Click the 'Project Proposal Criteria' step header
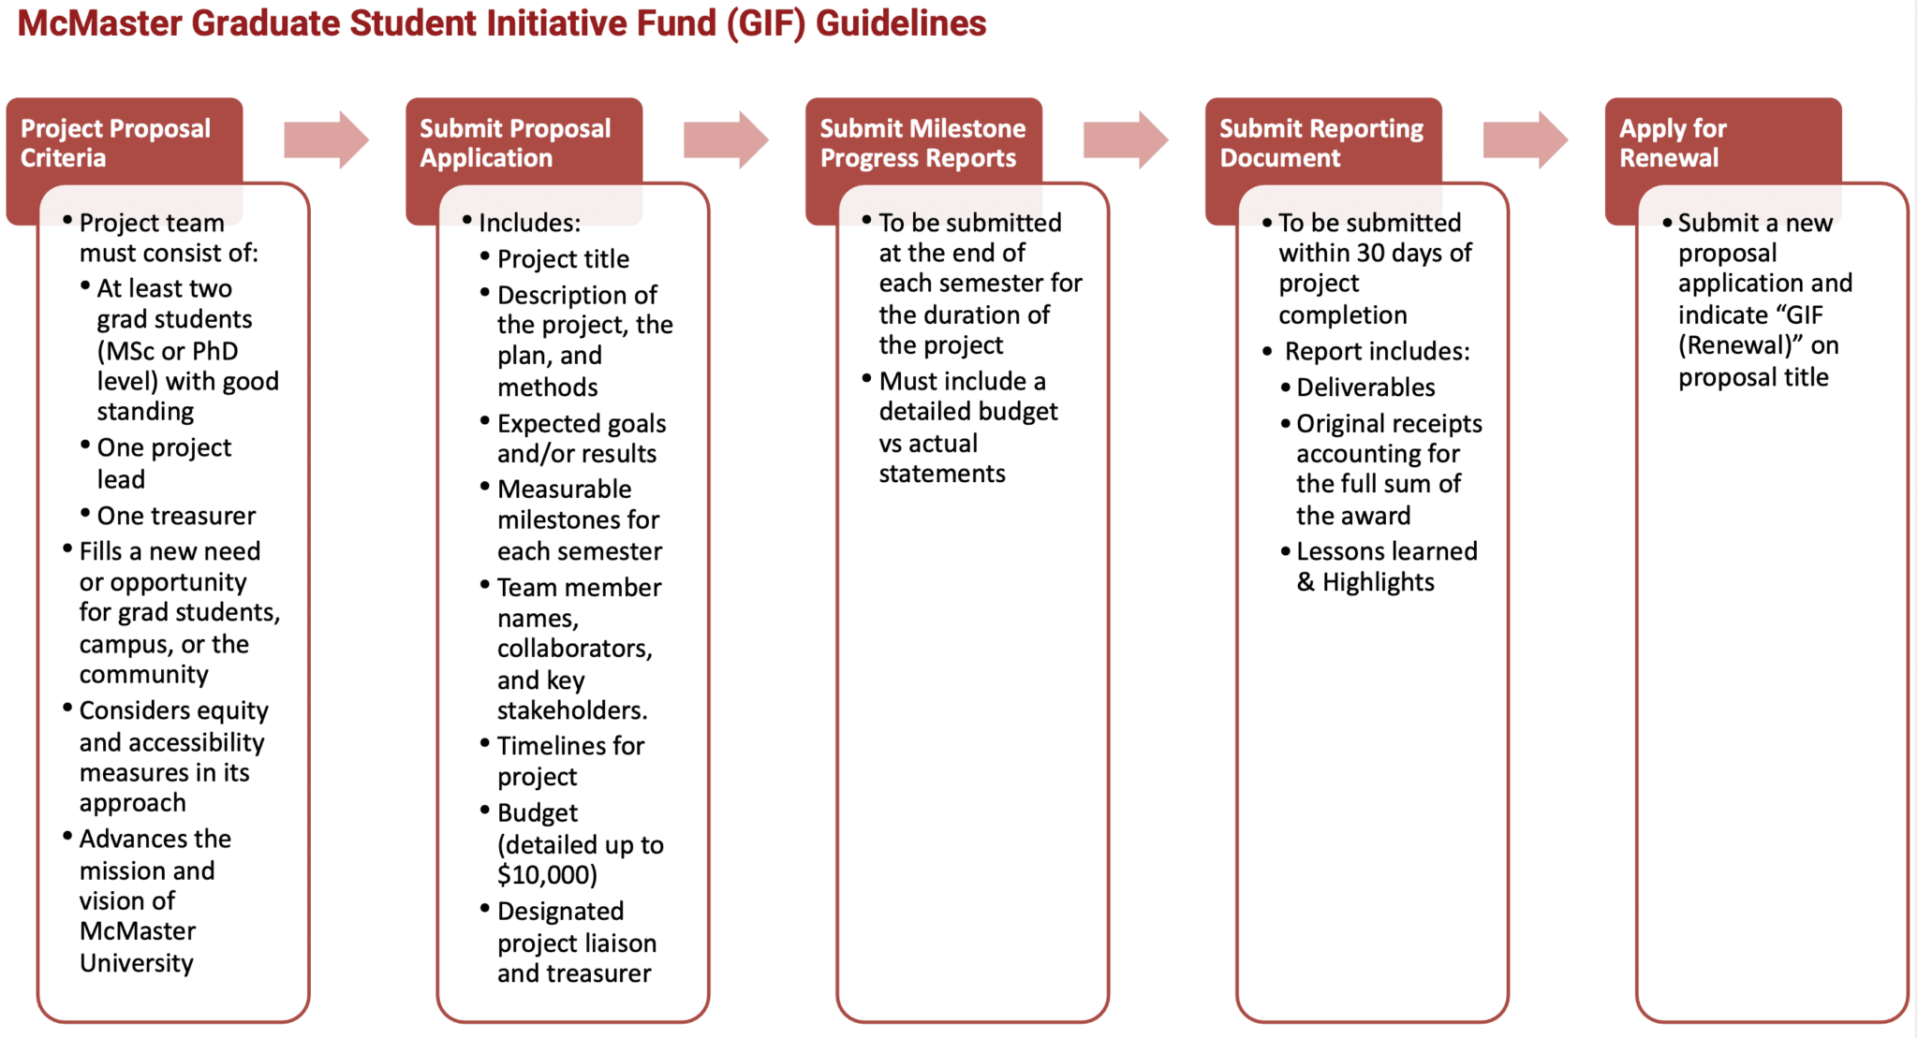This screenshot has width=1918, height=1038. click(x=115, y=142)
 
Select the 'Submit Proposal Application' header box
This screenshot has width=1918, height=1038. click(x=515, y=142)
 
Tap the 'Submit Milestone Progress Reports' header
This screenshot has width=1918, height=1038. click(x=922, y=142)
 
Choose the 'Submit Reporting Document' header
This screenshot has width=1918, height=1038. click(x=1320, y=142)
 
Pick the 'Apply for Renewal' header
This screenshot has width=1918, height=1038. click(x=1673, y=142)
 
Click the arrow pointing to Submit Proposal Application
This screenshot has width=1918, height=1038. click(x=326, y=140)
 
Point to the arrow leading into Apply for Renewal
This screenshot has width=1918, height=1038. click(x=1525, y=140)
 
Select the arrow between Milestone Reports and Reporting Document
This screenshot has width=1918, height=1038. click(x=1125, y=140)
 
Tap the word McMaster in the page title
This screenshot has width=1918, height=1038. click(x=99, y=23)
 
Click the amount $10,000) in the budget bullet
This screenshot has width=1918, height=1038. click(x=547, y=875)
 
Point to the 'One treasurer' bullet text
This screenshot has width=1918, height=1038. click(x=176, y=516)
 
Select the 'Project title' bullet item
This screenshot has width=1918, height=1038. click(x=563, y=259)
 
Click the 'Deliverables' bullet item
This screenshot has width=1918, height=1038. click(x=1365, y=387)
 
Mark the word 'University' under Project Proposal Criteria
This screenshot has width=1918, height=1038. click(x=137, y=963)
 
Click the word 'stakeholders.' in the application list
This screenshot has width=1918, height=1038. click(x=571, y=710)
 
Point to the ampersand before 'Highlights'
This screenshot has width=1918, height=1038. click(x=1306, y=583)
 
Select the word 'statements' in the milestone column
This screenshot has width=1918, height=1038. click(x=941, y=475)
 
